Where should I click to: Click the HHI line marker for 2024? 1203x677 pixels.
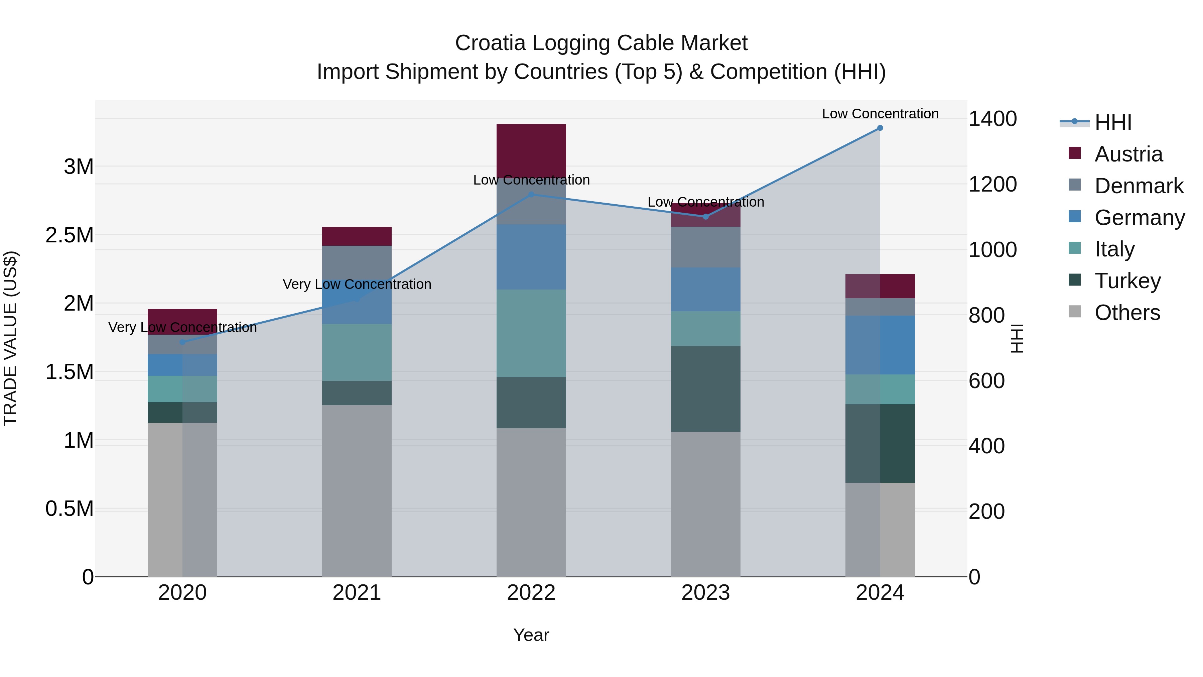[880, 128]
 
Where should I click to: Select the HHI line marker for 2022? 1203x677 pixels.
[531, 194]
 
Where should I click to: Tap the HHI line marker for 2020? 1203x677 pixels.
[182, 342]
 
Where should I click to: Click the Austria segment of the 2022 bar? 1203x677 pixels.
[531, 150]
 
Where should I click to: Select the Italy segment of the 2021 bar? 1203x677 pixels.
[357, 352]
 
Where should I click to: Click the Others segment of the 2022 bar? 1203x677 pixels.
[531, 502]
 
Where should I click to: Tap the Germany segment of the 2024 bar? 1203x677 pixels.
[880, 345]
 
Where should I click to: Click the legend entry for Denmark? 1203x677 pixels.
[1138, 186]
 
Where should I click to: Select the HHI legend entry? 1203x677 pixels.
[1112, 122]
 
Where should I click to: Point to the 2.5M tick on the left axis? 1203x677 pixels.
[70, 235]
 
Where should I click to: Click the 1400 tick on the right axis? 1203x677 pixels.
[992, 119]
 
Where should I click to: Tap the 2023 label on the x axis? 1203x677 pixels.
[705, 593]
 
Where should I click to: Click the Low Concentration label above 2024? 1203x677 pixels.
[880, 114]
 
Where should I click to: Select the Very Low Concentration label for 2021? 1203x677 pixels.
[357, 284]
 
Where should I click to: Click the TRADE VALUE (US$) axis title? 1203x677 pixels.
[10, 338]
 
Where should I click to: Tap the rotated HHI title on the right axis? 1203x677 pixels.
[1017, 338]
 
